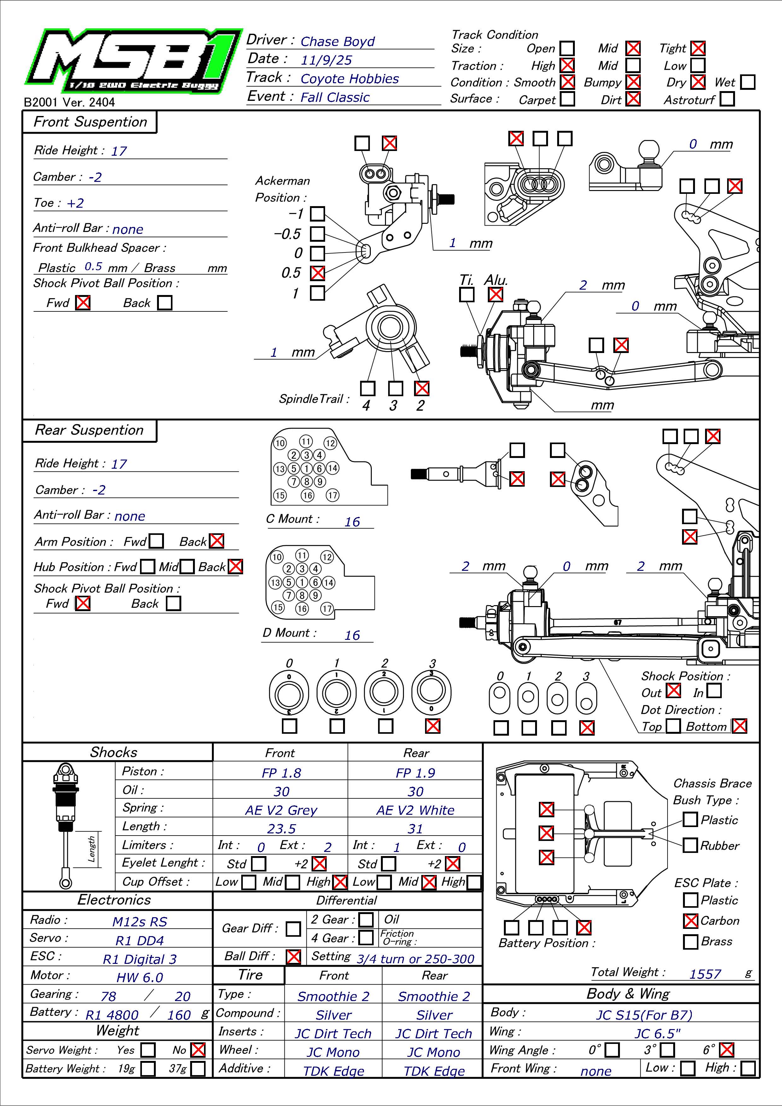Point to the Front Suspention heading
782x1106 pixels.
click(x=90, y=122)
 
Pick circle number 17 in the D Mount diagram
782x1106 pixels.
click(x=327, y=608)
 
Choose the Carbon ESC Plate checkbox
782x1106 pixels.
click(x=691, y=921)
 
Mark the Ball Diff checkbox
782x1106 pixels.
click(x=293, y=956)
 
